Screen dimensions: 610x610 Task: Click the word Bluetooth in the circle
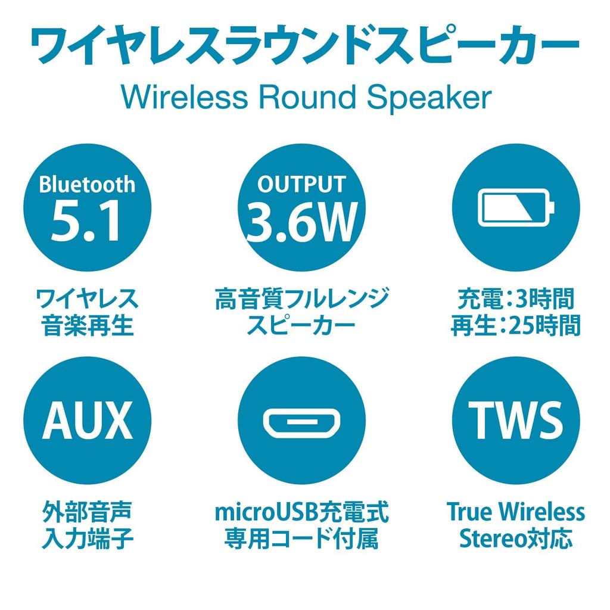coord(87,184)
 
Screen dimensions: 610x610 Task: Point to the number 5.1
coord(87,222)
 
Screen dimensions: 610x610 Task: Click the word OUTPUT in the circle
coord(301,184)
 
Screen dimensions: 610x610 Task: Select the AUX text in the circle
coord(87,420)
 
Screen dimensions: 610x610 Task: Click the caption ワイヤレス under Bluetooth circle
coord(87,298)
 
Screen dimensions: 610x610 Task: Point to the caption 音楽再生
coord(87,326)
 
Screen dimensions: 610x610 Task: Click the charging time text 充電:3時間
coord(516,298)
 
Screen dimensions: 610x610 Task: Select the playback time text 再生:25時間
coord(516,326)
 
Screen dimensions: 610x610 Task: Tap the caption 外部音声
coord(87,512)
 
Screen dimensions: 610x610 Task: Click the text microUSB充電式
coord(301,512)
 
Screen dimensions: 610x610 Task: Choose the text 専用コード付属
coord(301,540)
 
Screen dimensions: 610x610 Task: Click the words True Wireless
coord(516,512)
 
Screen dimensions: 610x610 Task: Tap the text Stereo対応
coord(516,540)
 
